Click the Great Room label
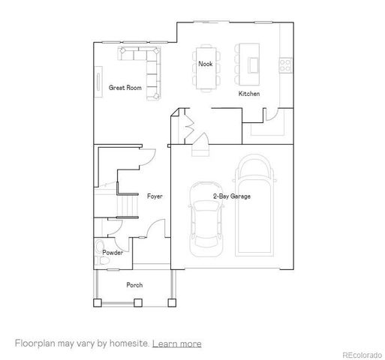pos(125,88)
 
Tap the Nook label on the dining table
pos(205,64)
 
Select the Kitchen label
pos(249,94)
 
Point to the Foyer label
pos(155,196)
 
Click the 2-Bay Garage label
pos(231,196)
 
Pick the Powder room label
pos(113,253)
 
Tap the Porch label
pos(134,285)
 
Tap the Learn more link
pos(176,343)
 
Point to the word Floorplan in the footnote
pos(36,343)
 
